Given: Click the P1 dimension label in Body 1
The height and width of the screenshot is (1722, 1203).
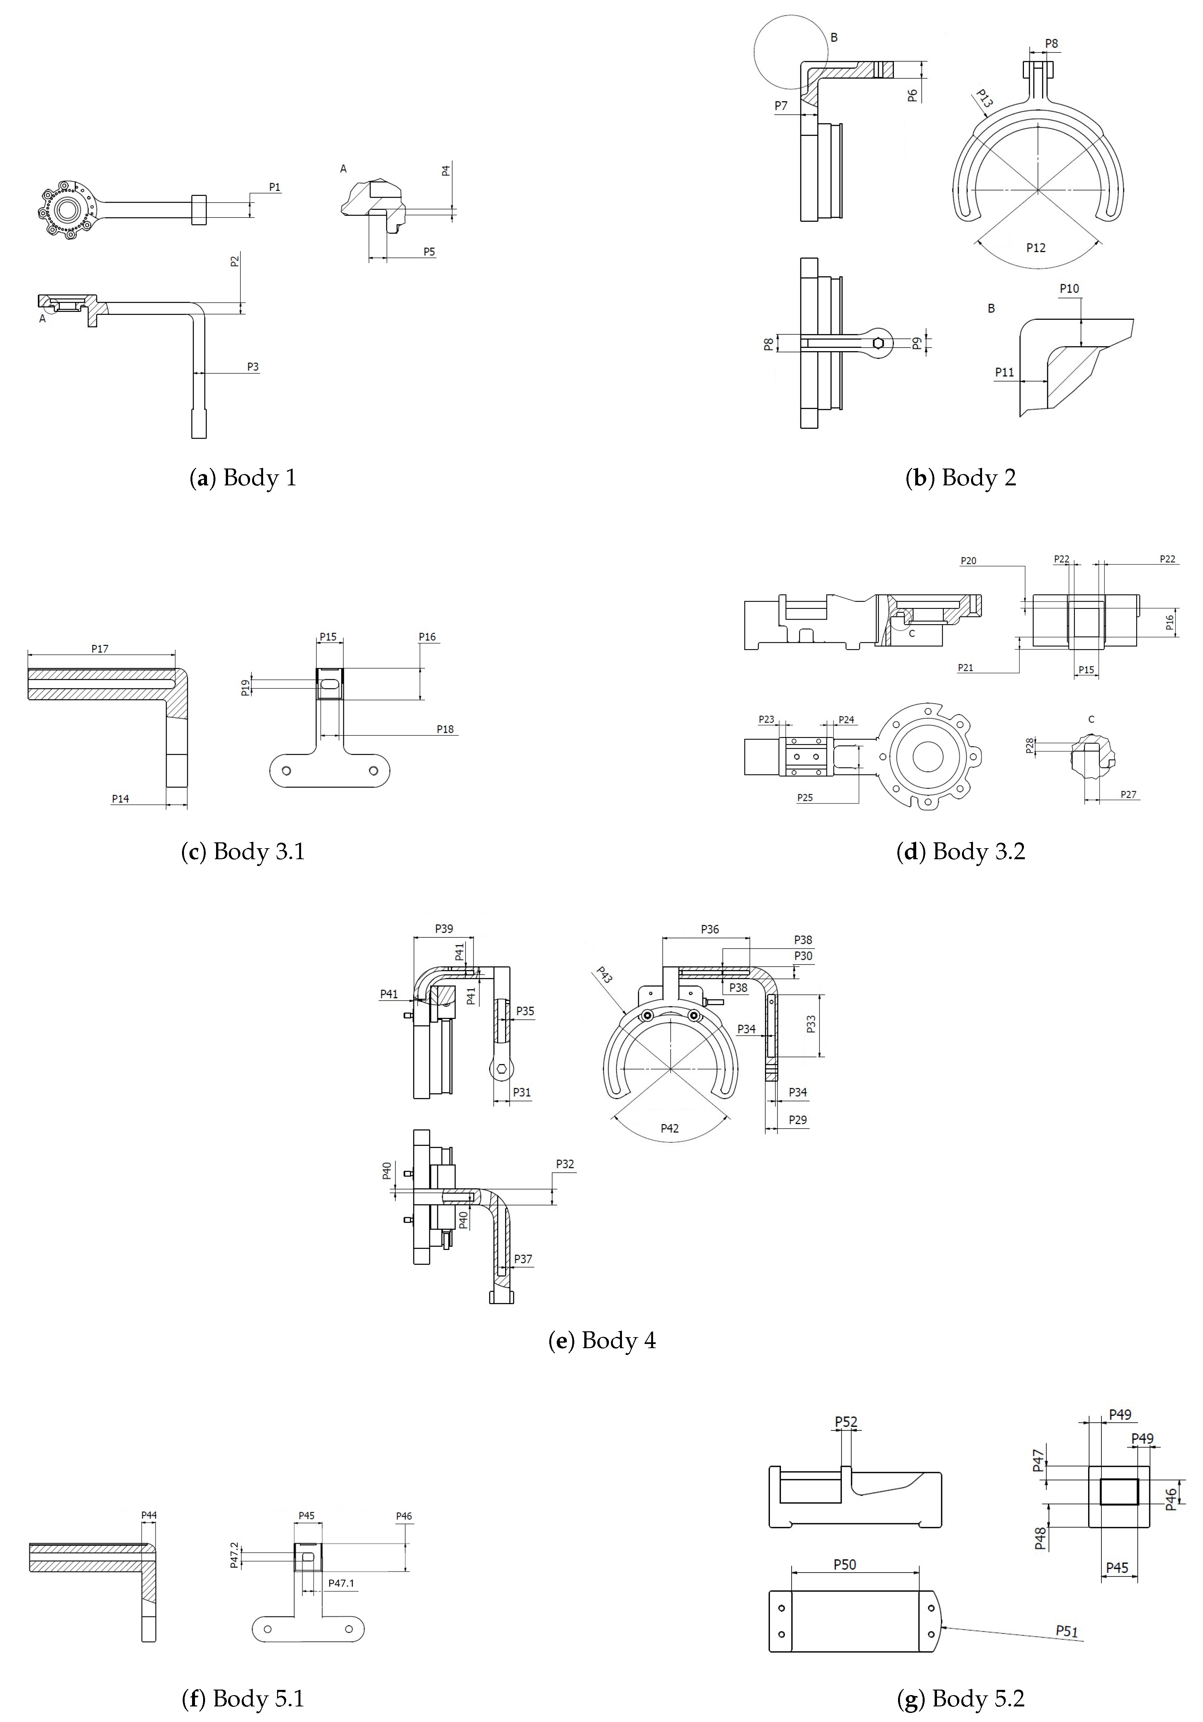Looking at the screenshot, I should (x=275, y=187).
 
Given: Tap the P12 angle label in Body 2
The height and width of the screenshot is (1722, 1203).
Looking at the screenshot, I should (x=1036, y=247).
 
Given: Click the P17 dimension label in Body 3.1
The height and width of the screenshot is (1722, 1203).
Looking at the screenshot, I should (x=100, y=649).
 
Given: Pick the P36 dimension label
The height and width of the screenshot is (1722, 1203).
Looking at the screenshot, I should (x=710, y=929).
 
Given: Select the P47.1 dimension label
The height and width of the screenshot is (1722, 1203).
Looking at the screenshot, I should (x=341, y=1583).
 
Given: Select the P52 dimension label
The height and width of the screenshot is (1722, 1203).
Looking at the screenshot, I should (x=846, y=1422).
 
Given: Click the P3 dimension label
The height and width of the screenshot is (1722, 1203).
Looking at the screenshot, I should (x=253, y=367).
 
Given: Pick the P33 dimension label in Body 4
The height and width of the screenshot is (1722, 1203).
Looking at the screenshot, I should (x=811, y=1025).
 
